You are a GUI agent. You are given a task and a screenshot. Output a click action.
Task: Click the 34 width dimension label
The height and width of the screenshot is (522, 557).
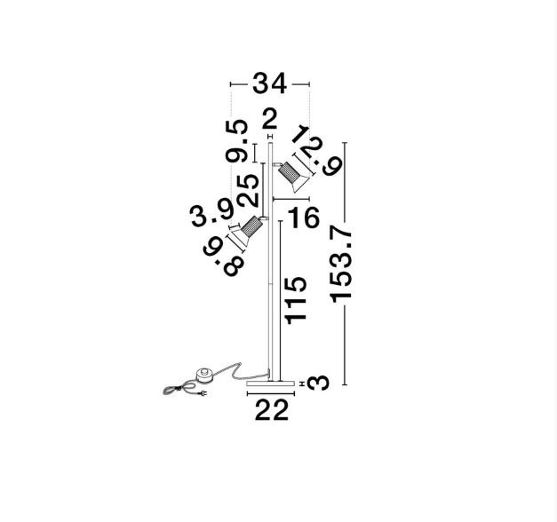(x=269, y=83)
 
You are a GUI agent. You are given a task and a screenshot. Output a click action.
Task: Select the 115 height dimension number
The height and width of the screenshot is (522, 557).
(x=296, y=300)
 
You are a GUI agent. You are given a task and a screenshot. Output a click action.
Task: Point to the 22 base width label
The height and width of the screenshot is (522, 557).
(x=272, y=410)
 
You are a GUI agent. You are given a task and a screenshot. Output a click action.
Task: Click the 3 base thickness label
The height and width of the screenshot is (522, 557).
(x=318, y=384)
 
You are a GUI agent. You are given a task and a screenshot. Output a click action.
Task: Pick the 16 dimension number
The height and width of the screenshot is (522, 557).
(x=304, y=218)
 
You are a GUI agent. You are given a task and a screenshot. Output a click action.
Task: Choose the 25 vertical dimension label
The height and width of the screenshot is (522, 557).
(x=248, y=190)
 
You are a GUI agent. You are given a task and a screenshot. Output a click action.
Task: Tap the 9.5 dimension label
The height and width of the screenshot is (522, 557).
(x=236, y=141)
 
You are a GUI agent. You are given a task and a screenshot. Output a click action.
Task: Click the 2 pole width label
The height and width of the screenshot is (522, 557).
(x=270, y=119)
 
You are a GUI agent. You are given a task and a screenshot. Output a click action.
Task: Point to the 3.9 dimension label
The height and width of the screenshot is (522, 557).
(x=212, y=214)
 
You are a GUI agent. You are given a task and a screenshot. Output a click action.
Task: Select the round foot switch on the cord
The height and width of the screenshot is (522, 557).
(x=205, y=376)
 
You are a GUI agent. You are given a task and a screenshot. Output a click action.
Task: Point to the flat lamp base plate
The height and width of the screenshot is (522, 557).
(x=271, y=384)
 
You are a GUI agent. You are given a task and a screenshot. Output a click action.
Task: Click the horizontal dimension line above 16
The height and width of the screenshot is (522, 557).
(x=290, y=199)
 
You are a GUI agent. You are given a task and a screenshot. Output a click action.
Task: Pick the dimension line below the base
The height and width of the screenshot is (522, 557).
(x=271, y=393)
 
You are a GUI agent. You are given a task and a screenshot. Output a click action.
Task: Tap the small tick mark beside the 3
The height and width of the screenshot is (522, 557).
(x=302, y=384)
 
